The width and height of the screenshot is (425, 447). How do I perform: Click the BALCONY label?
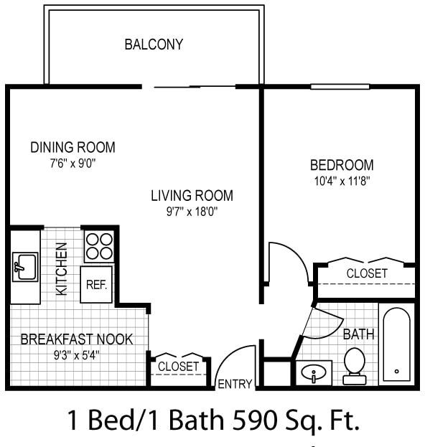tap(154, 44)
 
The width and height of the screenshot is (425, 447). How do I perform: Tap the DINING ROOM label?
tap(73, 147)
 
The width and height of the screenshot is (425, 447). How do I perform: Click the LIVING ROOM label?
tap(192, 195)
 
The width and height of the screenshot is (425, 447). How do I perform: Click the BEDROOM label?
tap(342, 165)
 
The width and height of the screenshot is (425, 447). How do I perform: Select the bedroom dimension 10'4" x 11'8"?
tap(342, 181)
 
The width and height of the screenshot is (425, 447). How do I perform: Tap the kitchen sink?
tap(25, 267)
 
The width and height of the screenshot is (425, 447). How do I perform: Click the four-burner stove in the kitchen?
tap(99, 245)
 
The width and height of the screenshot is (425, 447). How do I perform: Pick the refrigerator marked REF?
tap(96, 284)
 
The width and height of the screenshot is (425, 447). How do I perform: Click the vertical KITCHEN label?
tap(62, 268)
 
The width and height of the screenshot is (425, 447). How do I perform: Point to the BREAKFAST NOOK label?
tap(77, 339)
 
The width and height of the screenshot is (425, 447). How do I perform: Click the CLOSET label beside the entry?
tap(178, 367)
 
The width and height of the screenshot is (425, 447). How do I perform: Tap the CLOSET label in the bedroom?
tap(367, 273)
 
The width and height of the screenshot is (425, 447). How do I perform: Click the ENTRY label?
tap(235, 384)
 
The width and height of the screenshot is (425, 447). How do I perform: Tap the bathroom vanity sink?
tap(314, 373)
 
